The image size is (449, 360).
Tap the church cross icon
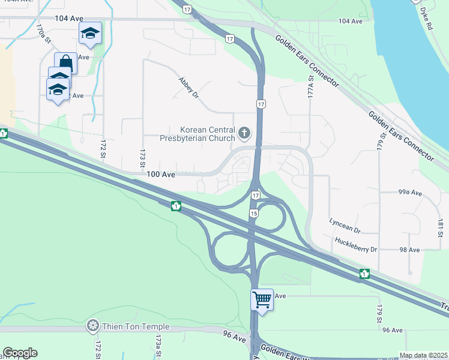click(244, 132)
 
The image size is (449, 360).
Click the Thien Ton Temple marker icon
click(92, 327)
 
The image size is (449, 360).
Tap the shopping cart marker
click(262, 299)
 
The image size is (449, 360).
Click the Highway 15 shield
click(254, 214)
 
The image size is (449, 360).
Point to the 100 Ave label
click(161, 175)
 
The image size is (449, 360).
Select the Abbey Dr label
click(188, 88)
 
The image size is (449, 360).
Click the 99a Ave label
click(411, 193)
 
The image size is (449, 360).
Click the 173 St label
click(143, 160)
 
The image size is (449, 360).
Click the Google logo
click(20, 353)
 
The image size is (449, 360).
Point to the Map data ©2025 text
click(423, 355)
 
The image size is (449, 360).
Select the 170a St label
click(40, 33)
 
